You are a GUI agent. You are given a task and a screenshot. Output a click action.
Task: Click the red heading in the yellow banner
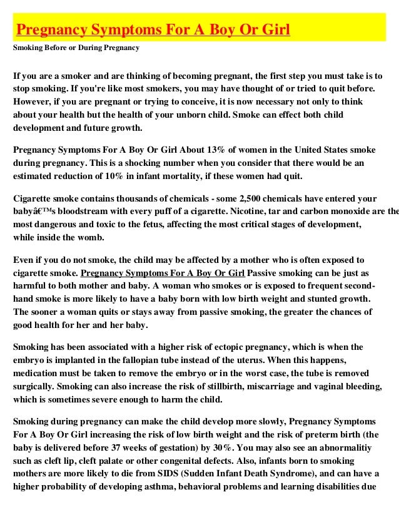153,30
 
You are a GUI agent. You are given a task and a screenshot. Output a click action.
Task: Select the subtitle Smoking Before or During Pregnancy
76,48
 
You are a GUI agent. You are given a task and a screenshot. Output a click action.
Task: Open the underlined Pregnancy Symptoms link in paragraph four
163,273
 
